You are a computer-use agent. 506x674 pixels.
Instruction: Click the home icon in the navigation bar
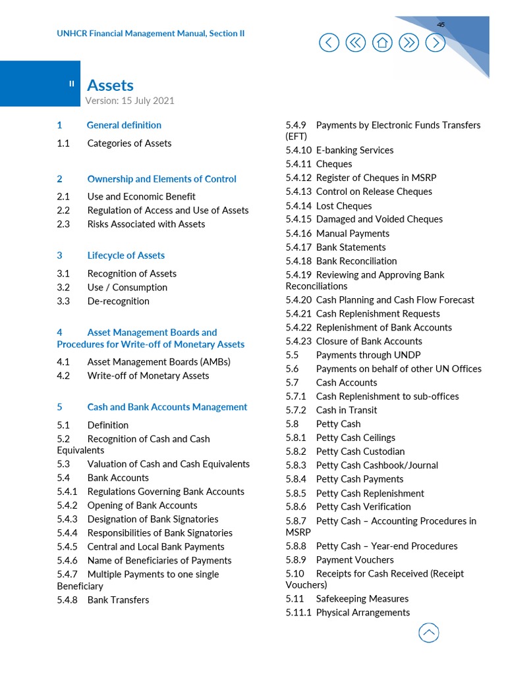click(382, 43)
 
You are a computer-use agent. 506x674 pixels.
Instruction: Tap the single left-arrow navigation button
click(329, 43)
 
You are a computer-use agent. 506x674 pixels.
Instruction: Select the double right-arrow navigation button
click(408, 43)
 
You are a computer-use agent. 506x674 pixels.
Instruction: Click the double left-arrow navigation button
click(355, 43)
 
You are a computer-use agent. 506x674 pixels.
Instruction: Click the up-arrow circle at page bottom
click(429, 633)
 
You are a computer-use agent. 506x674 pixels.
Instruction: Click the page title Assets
click(110, 85)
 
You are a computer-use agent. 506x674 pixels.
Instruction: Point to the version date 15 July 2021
click(148, 101)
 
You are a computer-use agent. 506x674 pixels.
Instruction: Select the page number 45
click(441, 24)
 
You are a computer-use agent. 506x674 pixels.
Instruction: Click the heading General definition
click(124, 125)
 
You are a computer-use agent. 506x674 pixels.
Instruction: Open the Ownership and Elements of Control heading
click(161, 179)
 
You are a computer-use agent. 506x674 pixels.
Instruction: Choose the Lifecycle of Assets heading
click(126, 255)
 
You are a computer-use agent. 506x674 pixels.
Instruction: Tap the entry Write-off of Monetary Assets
click(148, 376)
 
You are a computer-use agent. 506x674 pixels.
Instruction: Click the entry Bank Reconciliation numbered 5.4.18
click(356, 261)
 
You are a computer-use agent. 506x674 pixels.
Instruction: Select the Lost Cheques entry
click(343, 206)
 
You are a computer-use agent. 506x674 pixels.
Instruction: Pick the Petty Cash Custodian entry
click(360, 452)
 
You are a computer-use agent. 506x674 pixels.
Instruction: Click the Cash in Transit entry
click(346, 410)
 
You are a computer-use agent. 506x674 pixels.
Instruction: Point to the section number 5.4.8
click(67, 600)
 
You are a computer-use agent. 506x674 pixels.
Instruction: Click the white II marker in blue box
click(72, 84)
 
